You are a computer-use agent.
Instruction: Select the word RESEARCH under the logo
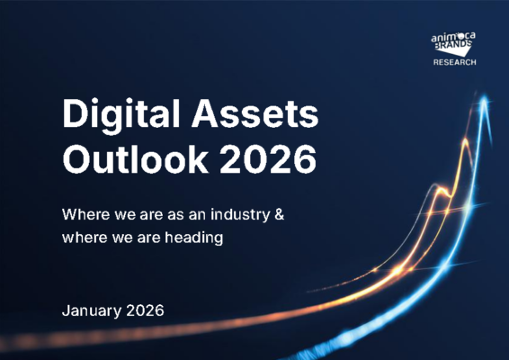[x=454, y=63]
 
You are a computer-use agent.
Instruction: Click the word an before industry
[x=194, y=216]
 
